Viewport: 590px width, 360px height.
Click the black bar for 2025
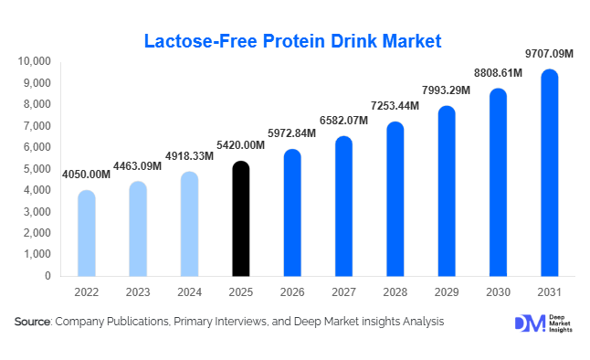coord(240,219)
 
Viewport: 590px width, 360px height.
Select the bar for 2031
coord(549,174)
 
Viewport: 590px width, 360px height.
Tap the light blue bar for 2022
coord(86,233)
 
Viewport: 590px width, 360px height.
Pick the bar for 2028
coord(395,199)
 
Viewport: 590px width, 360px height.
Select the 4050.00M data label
coord(86,175)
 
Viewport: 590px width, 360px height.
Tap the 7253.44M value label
coord(395,107)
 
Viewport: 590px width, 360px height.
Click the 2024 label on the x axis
coord(189,291)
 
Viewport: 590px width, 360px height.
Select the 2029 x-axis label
coord(446,291)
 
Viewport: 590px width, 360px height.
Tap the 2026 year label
coord(291,291)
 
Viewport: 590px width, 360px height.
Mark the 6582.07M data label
coord(343,122)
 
